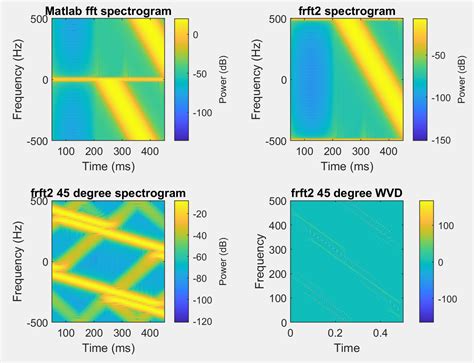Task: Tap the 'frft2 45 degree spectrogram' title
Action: [x=102, y=193]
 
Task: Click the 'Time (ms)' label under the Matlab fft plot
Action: [x=109, y=167]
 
